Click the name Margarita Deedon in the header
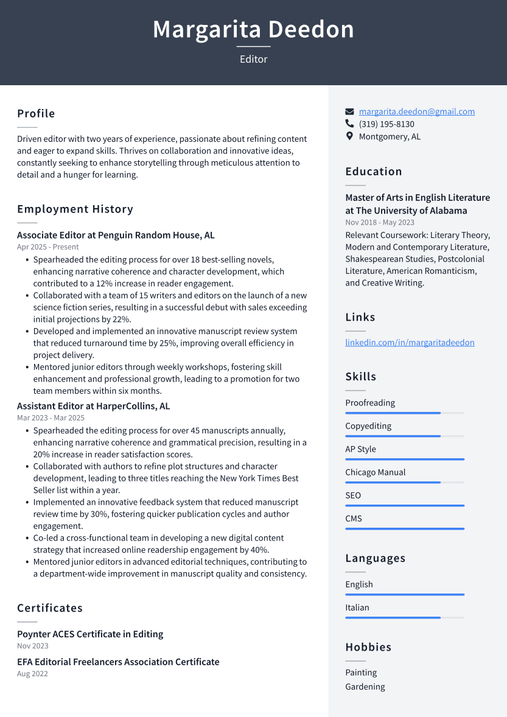253,29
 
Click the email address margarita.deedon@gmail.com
416,111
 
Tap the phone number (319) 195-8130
386,124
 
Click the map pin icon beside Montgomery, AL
349,136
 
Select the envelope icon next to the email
349,112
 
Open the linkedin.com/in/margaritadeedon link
410,343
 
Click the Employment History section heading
75,209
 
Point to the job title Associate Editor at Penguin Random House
116,236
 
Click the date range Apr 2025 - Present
48,247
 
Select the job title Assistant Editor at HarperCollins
93,406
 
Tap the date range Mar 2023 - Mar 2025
51,418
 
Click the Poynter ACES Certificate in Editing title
90,634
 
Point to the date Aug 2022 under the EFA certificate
32,674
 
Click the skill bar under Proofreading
404,413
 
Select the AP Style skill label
360,449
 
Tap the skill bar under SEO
404,506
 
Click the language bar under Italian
404,618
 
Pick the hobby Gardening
365,687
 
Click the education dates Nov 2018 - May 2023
380,223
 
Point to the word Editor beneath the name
253,59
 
